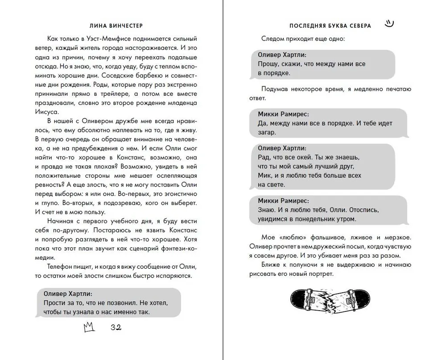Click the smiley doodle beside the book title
coord(390,24)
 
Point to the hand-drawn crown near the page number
coord(90,327)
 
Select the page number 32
coord(116,327)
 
